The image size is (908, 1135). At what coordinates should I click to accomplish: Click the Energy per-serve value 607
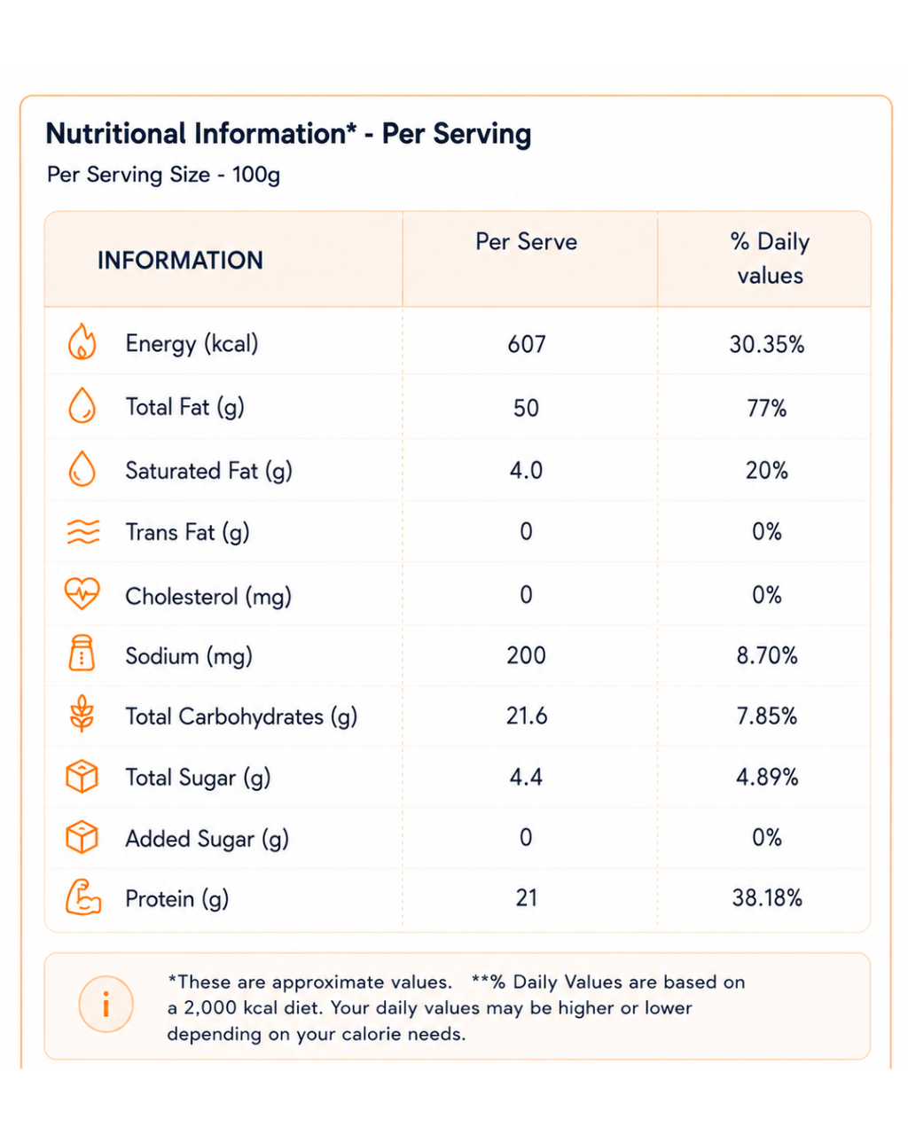click(526, 344)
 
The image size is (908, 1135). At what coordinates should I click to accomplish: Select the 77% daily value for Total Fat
click(766, 408)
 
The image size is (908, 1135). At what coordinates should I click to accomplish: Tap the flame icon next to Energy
click(82, 341)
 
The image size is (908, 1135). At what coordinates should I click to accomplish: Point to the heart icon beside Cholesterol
click(82, 593)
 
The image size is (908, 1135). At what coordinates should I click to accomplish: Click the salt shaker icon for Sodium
click(82, 653)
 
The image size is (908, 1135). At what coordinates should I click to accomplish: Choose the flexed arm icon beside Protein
click(82, 896)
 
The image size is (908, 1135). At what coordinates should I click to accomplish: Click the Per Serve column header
click(526, 241)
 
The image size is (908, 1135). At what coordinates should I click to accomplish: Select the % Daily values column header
click(770, 258)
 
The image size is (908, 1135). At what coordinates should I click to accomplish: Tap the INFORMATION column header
click(180, 260)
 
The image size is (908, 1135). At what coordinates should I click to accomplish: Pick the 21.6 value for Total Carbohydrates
click(527, 716)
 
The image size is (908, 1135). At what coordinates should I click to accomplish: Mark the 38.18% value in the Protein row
click(767, 897)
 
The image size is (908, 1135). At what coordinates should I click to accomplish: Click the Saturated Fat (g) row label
click(208, 471)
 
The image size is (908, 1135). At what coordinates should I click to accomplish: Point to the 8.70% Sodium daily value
click(767, 655)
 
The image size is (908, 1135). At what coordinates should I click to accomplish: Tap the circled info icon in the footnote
click(106, 1004)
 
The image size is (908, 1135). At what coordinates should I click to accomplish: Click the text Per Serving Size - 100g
click(163, 175)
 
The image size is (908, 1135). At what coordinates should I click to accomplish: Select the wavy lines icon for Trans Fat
click(82, 531)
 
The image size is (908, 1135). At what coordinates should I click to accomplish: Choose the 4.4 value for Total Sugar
click(526, 777)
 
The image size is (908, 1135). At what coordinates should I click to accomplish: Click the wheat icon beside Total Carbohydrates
click(82, 713)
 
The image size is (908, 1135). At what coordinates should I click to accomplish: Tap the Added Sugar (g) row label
click(207, 839)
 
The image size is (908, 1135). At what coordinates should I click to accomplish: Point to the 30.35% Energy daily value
click(767, 344)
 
